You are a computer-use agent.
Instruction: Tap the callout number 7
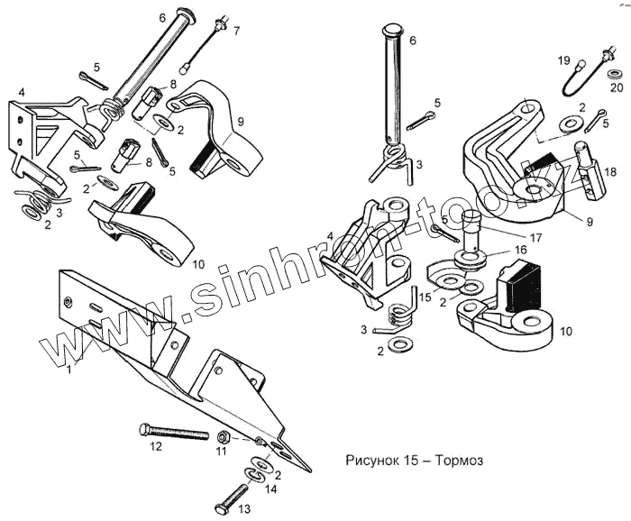click(x=236, y=32)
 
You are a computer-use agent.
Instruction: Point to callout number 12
click(x=155, y=445)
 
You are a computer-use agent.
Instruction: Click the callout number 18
click(x=609, y=170)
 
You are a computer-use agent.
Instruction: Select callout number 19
click(x=564, y=61)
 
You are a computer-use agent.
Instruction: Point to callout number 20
click(x=616, y=87)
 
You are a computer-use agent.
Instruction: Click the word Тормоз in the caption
click(x=459, y=461)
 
